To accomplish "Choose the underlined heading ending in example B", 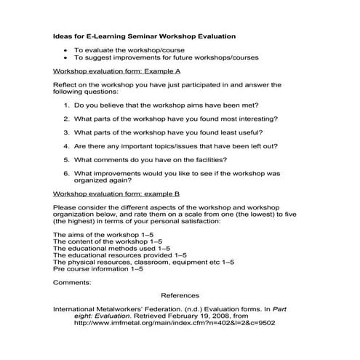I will (x=116, y=195).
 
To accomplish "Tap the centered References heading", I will (x=180, y=296).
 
